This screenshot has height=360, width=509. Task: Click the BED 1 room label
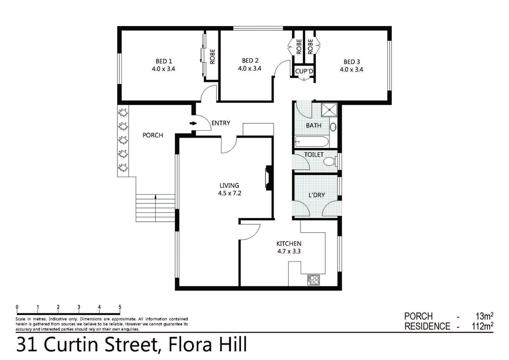(164, 61)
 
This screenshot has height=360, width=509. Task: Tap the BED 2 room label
(250, 61)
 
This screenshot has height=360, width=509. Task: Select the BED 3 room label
(352, 62)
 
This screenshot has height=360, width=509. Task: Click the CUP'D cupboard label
(304, 71)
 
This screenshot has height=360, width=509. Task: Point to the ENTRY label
(221, 123)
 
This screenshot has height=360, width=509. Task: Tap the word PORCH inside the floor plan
(153, 135)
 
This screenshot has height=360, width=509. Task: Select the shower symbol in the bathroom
(329, 110)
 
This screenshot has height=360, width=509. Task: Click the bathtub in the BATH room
(312, 142)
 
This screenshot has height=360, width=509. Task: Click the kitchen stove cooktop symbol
(314, 280)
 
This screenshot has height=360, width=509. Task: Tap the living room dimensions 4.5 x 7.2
(229, 193)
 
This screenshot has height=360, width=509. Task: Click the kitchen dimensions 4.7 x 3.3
(289, 251)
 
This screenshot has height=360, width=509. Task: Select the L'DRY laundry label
(316, 195)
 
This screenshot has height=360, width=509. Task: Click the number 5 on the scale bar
(120, 307)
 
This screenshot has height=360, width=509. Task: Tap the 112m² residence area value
(482, 326)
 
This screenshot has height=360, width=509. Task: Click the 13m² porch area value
(484, 316)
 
